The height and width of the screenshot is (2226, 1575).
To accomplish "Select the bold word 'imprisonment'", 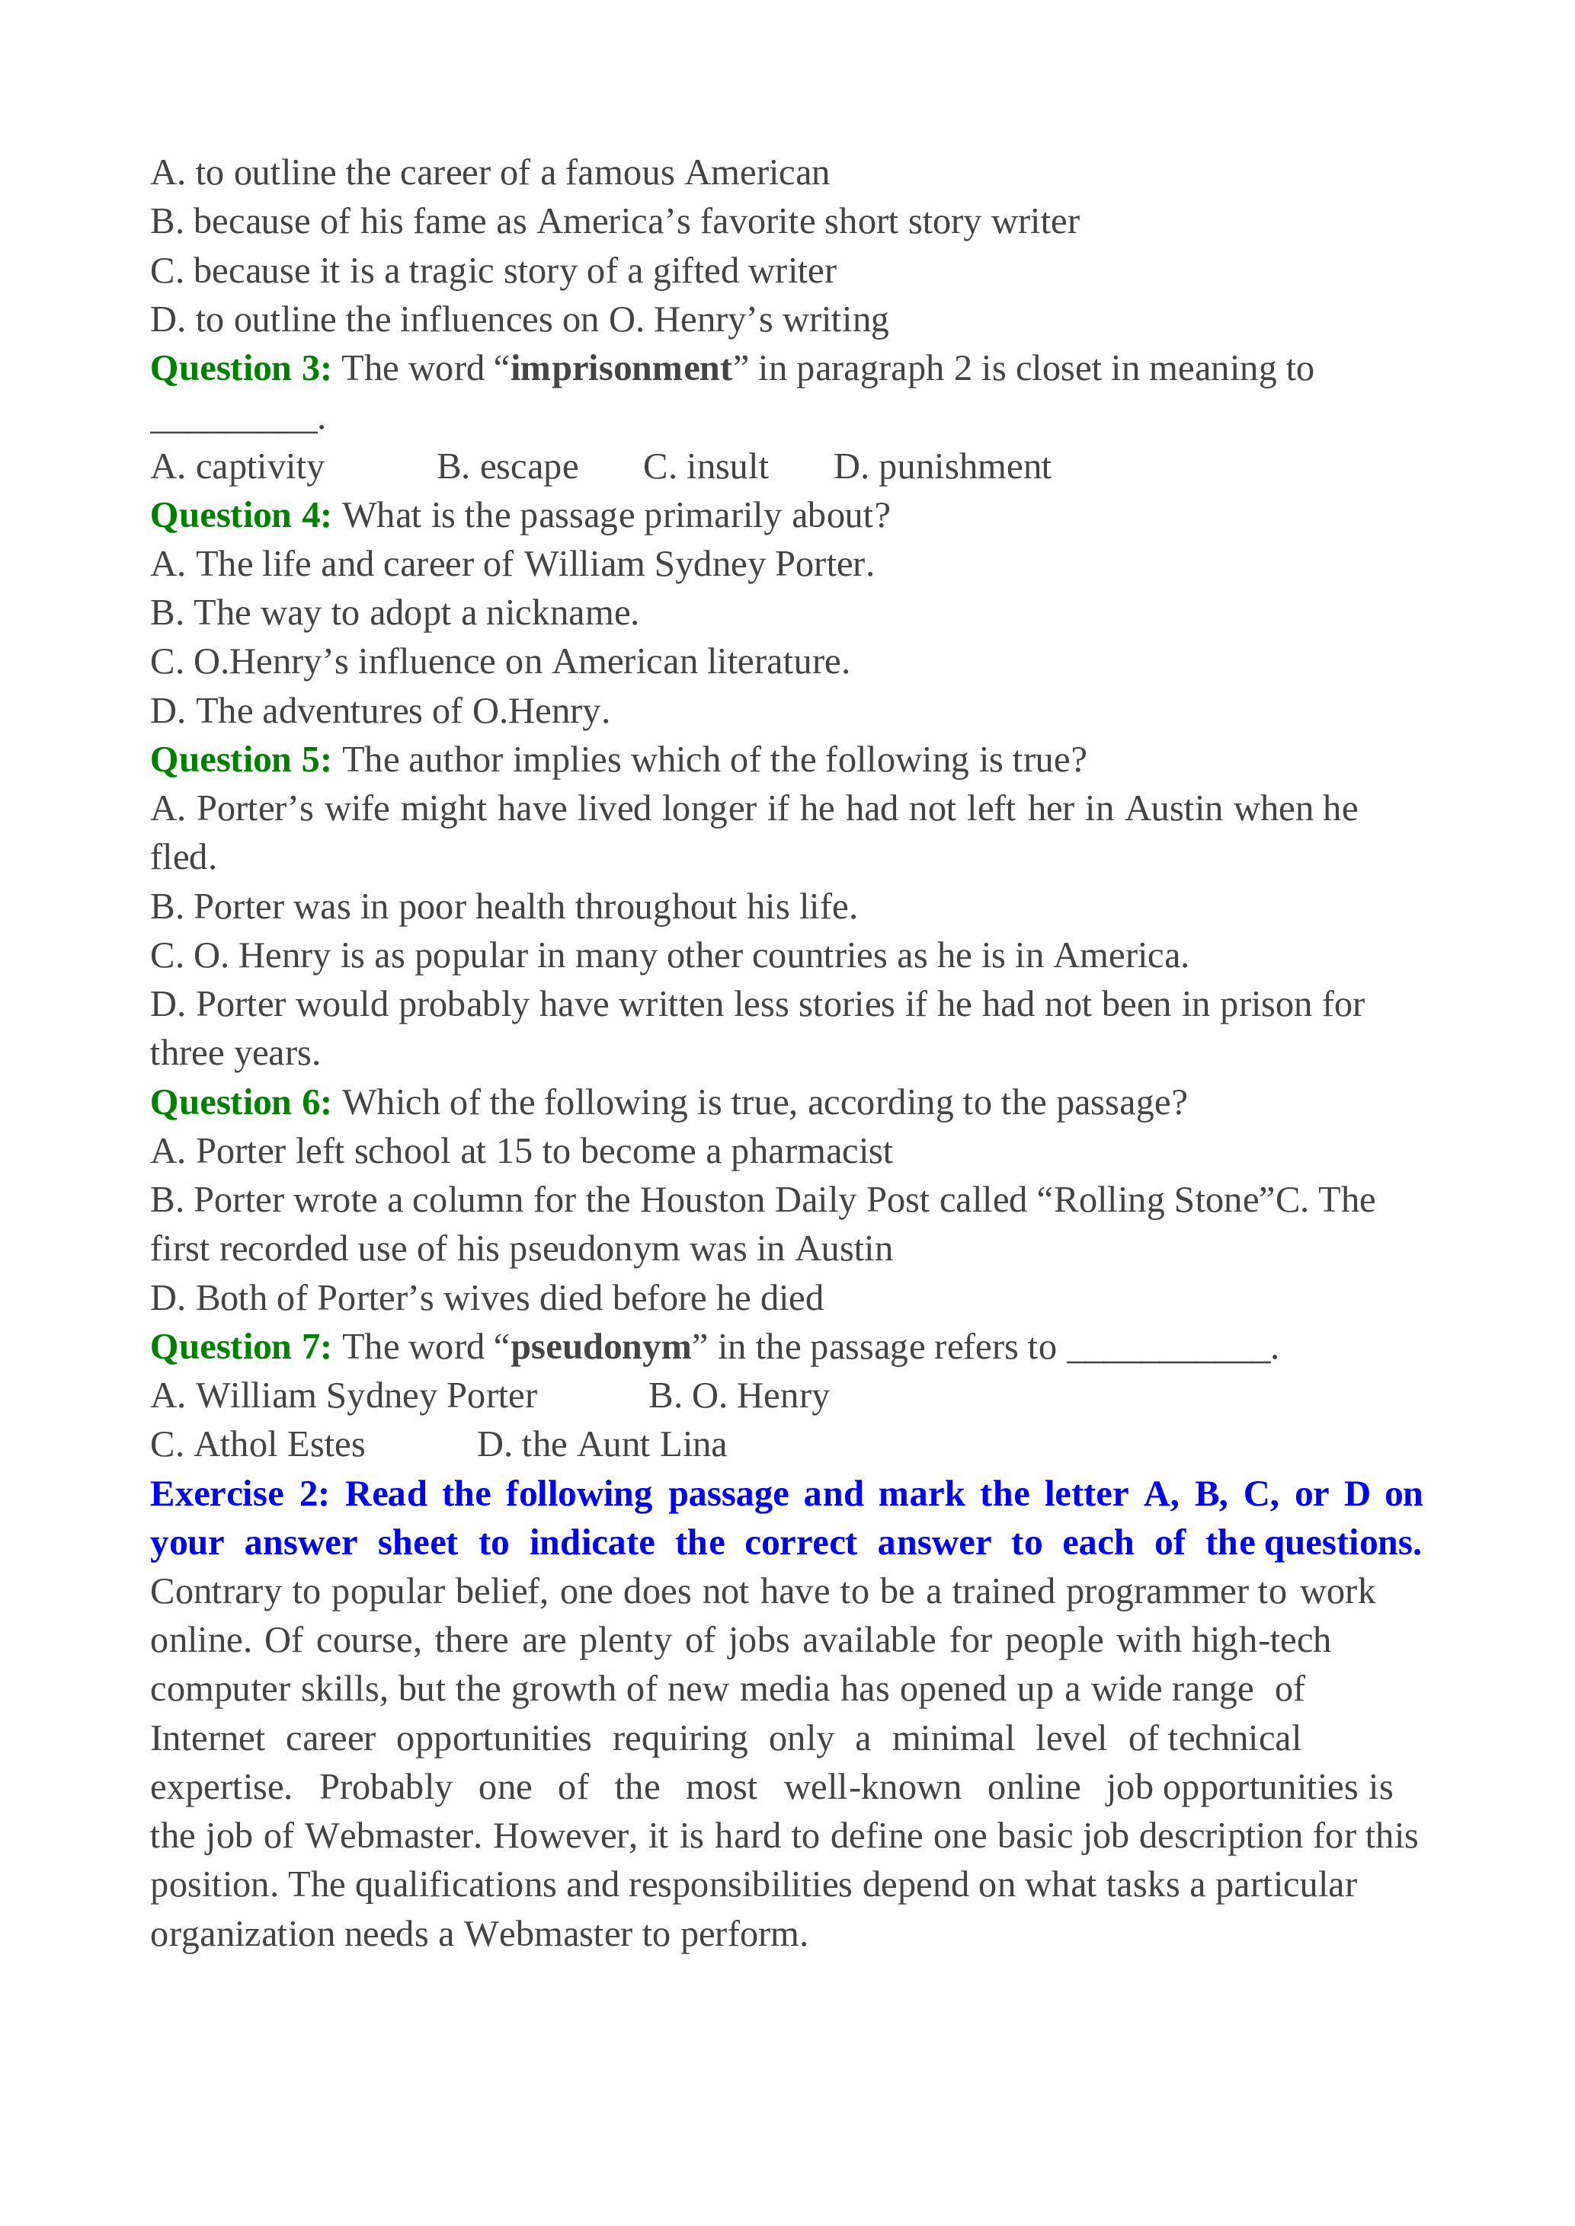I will pyautogui.click(x=621, y=369).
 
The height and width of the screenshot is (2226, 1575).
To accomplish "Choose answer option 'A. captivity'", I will pyautogui.click(x=238, y=468).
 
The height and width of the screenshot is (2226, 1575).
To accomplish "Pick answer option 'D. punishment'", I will pyautogui.click(x=942, y=468).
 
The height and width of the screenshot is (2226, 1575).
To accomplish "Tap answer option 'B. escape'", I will pyautogui.click(x=507, y=468).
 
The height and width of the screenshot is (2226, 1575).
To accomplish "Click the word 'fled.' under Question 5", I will pyautogui.click(x=184, y=858).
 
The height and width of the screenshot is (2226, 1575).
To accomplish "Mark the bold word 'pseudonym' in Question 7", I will pyautogui.click(x=600, y=1348).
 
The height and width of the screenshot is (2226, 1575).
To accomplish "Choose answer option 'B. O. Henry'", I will pyautogui.click(x=739, y=1396).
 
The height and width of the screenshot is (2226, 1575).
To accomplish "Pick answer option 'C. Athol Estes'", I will pyautogui.click(x=258, y=1445).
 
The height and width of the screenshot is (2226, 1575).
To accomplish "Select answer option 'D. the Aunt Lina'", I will pyautogui.click(x=601, y=1445).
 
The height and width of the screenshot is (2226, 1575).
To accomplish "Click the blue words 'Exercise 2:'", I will pyautogui.click(x=239, y=1495).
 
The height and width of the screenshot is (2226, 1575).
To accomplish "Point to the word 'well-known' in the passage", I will pyautogui.click(x=872, y=1788).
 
